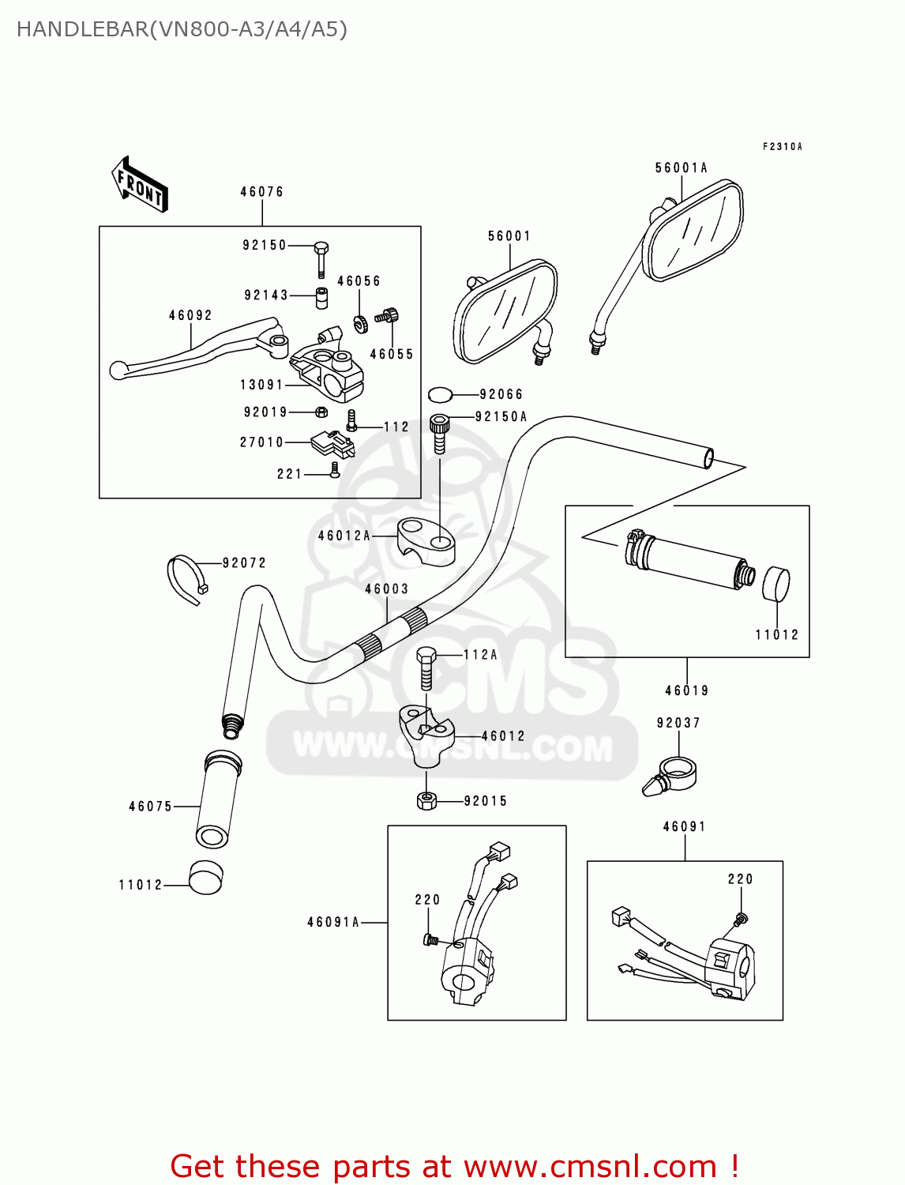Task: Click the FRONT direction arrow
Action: point(140,185)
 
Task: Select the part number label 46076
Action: point(261,192)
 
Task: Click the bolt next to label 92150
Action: point(321,258)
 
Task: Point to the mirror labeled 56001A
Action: point(693,231)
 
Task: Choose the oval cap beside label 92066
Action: point(441,394)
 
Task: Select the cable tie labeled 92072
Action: point(186,578)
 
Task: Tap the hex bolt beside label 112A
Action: point(426,668)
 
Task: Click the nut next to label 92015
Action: point(426,801)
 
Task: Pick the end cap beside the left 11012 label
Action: point(205,877)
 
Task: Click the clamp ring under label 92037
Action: point(671,774)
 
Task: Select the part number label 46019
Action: point(686,690)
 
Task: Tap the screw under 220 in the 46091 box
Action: point(741,919)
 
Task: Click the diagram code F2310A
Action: point(782,147)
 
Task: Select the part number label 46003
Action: point(386,589)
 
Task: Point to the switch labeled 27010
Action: point(332,444)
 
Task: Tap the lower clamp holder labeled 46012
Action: point(427,735)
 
